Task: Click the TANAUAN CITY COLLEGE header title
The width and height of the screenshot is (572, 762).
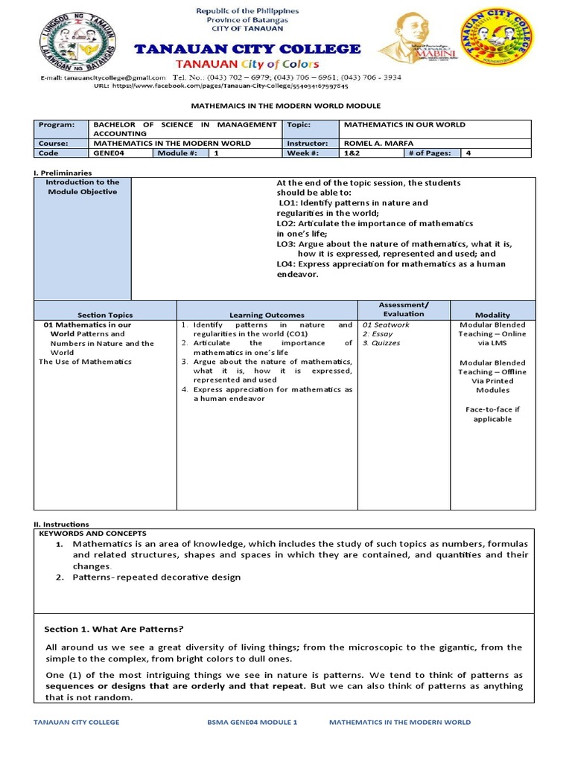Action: pyautogui.click(x=247, y=49)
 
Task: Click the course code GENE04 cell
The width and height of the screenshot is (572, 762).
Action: pyautogui.click(x=107, y=153)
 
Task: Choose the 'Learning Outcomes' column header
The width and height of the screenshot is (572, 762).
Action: pyautogui.click(x=267, y=315)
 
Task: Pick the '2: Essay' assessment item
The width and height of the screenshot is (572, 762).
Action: pyautogui.click(x=378, y=334)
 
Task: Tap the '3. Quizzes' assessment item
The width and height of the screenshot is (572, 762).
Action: pyautogui.click(x=381, y=343)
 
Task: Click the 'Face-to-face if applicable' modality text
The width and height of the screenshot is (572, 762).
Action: pyautogui.click(x=492, y=414)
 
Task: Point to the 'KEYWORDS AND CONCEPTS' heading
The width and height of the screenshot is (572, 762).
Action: pyautogui.click(x=92, y=534)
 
